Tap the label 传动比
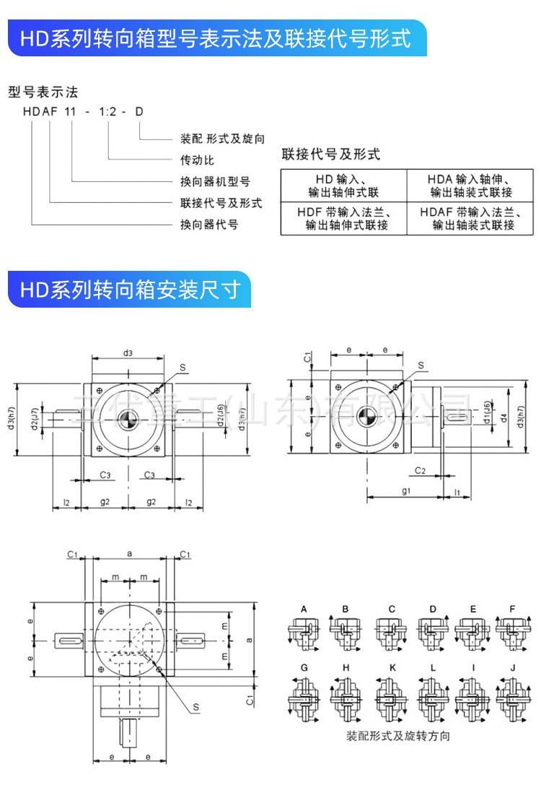(197, 160)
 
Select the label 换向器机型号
(214, 181)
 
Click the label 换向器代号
(208, 225)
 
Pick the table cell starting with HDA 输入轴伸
(473, 186)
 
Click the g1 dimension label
(405, 492)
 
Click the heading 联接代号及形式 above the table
(330, 154)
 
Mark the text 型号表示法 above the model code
(42, 92)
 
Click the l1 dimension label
(457, 492)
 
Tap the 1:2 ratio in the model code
(107, 112)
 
